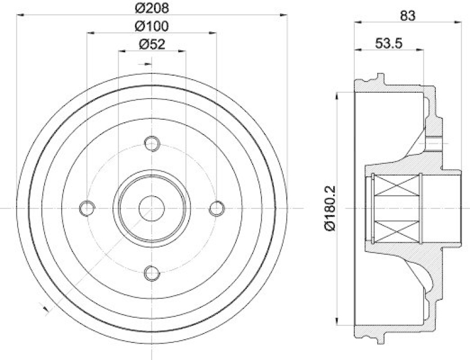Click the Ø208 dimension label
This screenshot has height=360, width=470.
pyautogui.click(x=152, y=8)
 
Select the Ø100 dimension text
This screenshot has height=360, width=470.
pyautogui.click(x=152, y=26)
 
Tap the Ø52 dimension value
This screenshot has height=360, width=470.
pyautogui.click(x=152, y=44)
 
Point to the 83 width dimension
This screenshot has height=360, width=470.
pyautogui.click(x=407, y=16)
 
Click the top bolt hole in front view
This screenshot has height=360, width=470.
pyautogui.click(x=152, y=143)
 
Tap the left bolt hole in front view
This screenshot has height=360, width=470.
pyautogui.click(x=88, y=207)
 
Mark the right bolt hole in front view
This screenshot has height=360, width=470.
pyautogui.click(x=217, y=207)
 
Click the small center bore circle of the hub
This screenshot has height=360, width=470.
pyautogui.click(x=152, y=207)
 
